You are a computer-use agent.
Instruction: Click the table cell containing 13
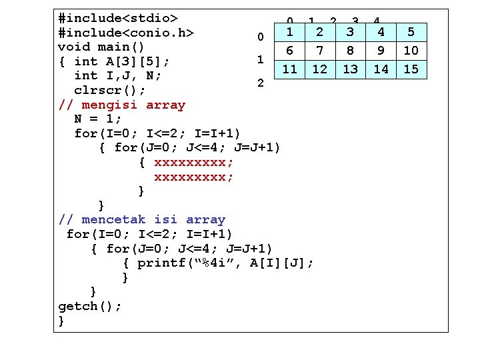pos(351,69)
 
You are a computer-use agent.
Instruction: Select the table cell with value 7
pos(320,51)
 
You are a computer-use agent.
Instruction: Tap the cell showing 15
pos(411,69)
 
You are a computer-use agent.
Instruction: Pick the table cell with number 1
pos(289,31)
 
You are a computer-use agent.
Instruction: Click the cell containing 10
pos(411,51)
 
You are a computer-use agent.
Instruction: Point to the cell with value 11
pos(289,69)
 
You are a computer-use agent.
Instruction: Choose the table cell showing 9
pos(381,51)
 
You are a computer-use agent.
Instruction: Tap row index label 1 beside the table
pos(261,59)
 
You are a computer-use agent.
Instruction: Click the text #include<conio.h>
pos(126,32)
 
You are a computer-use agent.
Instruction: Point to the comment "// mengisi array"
pos(122,105)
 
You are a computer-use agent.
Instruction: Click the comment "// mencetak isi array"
pos(142,219)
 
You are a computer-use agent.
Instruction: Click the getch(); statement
pos(90,306)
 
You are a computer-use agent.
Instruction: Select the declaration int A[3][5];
pos(122,61)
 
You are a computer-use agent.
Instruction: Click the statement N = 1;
pos(98,119)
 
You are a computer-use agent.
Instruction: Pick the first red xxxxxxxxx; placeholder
pos(194,162)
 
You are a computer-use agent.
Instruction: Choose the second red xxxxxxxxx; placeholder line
pos(194,177)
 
